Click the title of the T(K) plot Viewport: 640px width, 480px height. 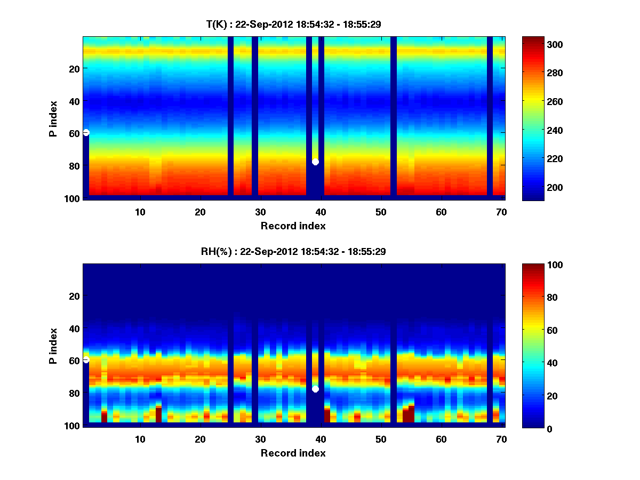click(x=293, y=24)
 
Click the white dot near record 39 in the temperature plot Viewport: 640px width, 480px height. click(x=315, y=162)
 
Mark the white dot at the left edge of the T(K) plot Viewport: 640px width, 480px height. click(x=86, y=132)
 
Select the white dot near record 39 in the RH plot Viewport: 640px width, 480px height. click(x=315, y=389)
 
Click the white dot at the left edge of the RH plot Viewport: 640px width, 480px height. click(x=86, y=360)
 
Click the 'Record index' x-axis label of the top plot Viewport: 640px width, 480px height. click(x=293, y=226)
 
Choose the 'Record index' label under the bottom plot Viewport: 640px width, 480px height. click(x=293, y=453)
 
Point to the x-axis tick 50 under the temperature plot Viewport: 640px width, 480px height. click(x=381, y=212)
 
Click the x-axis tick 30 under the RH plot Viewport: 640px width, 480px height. click(x=260, y=439)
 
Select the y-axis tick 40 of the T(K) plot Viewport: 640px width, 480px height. click(x=74, y=101)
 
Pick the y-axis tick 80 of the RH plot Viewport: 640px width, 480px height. click(x=74, y=394)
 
